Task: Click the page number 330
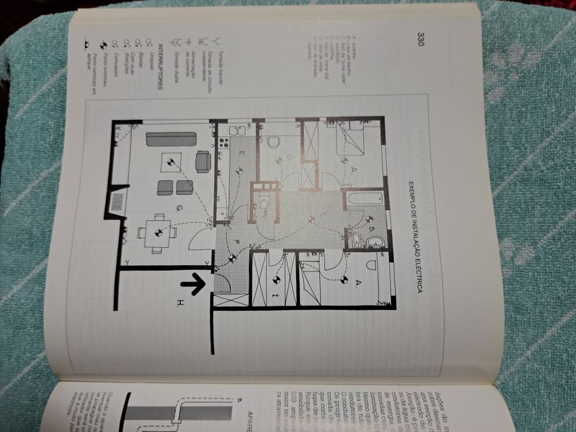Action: pos(419,39)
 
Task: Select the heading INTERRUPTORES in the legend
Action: pos(159,67)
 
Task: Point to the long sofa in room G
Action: pos(171,139)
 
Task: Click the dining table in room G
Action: pos(157,233)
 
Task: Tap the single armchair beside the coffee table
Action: pos(203,162)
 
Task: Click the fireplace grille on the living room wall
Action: pos(117,202)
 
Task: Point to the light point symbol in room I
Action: pos(276,280)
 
